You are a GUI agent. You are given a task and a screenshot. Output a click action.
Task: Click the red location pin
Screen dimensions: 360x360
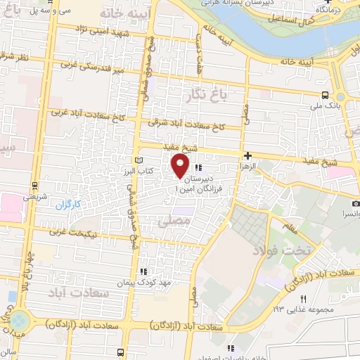[x=180, y=166]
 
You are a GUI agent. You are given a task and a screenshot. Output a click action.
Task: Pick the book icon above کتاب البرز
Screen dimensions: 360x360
[x=137, y=161]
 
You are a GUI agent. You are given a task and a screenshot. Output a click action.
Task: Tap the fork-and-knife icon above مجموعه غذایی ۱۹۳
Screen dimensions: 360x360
[x=304, y=300]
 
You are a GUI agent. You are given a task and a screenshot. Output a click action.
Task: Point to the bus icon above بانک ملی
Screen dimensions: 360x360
[x=325, y=96]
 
